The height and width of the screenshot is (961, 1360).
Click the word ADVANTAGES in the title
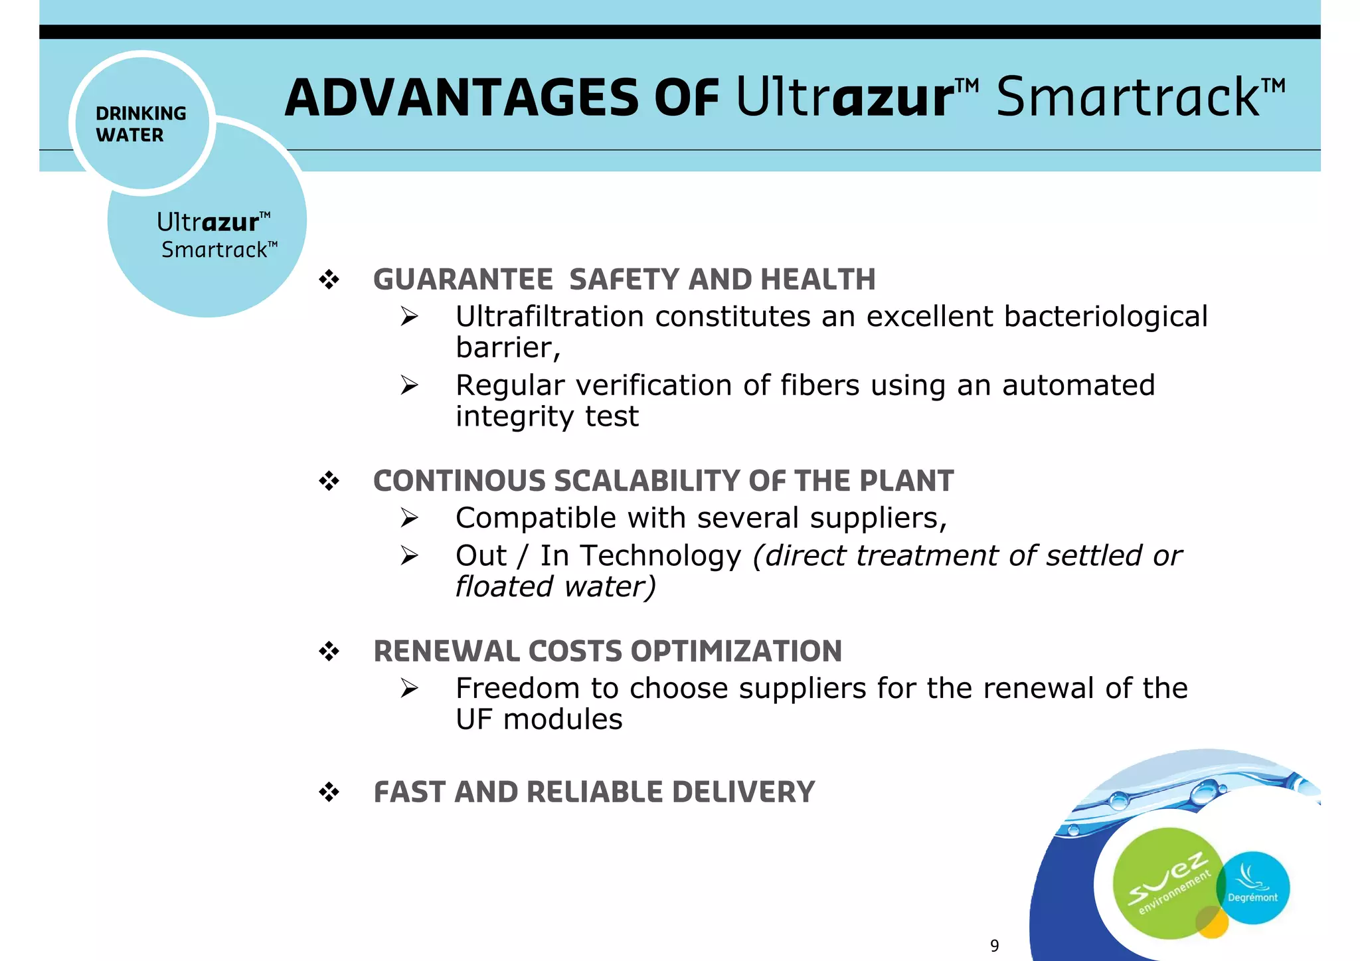point(462,98)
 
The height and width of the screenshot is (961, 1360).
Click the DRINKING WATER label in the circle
point(141,124)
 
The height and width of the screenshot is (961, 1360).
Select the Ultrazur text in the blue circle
point(207,222)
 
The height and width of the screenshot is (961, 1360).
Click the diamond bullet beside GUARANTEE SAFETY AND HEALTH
point(329,280)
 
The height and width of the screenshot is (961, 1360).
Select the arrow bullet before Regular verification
point(409,385)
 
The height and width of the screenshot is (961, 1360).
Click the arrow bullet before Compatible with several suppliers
point(409,518)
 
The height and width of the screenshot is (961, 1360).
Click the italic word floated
point(504,587)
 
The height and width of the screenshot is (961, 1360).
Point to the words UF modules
point(539,720)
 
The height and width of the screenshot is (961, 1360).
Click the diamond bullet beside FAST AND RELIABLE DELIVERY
point(329,792)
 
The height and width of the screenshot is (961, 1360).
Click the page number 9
point(994,946)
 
